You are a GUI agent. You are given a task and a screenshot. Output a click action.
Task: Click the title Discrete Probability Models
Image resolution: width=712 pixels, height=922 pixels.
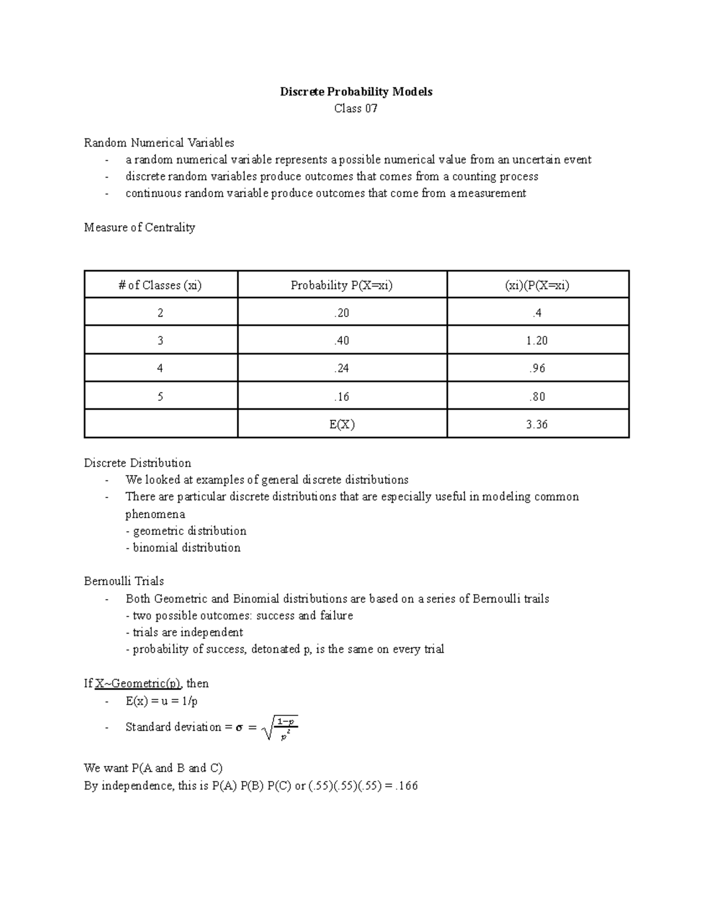[356, 91]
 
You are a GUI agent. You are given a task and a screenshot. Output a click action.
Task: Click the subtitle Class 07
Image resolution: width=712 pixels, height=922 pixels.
[356, 109]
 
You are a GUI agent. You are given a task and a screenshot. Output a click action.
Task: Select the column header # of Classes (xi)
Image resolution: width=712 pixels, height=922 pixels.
[160, 285]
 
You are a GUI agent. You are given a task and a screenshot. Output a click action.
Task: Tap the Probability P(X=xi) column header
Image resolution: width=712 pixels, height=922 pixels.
[342, 285]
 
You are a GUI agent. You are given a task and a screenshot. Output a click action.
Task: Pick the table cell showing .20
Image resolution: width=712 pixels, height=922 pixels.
[342, 313]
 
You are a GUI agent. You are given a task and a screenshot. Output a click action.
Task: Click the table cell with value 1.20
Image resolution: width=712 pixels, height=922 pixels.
[537, 341]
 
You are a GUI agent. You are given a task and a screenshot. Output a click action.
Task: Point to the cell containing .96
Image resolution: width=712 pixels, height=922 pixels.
[537, 369]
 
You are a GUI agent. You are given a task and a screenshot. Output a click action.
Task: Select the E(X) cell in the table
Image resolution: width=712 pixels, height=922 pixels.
[342, 424]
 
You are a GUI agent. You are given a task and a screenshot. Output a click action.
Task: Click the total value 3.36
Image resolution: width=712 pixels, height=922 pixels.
[537, 424]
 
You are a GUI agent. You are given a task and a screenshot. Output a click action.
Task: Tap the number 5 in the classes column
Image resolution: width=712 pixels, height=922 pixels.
[160, 397]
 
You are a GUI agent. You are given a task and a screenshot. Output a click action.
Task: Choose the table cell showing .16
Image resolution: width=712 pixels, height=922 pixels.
[342, 397]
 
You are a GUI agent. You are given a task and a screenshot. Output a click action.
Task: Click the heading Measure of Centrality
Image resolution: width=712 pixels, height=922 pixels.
[139, 227]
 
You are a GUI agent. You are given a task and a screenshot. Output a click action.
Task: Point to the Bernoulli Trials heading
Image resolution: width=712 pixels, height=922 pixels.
[124, 581]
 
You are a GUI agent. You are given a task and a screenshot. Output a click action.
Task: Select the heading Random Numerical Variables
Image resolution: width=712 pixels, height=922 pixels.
[159, 142]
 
